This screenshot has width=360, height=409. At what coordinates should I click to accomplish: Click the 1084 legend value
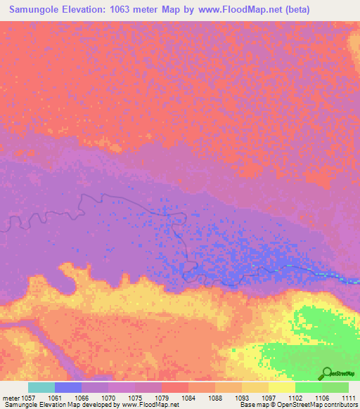(188, 398)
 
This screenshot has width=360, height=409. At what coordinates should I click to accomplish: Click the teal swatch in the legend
(41, 387)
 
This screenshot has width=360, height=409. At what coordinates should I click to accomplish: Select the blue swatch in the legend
(68, 387)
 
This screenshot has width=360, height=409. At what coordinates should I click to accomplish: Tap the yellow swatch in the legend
(281, 387)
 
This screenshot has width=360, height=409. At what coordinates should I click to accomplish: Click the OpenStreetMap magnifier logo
(326, 373)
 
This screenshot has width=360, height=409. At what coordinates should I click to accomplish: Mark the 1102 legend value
(295, 398)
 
